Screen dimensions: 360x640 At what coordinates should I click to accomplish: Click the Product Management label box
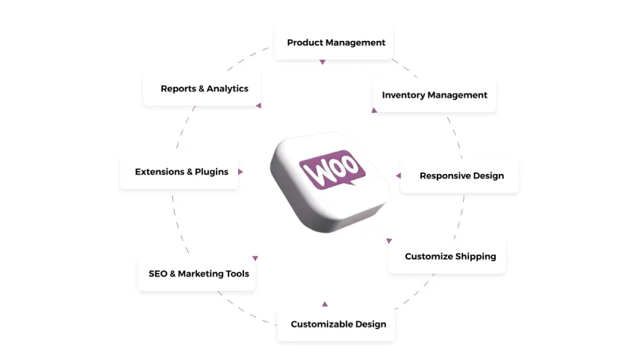tap(336, 43)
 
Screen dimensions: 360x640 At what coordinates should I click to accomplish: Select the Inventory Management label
tap(435, 95)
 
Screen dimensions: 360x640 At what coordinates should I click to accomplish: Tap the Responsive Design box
tap(461, 176)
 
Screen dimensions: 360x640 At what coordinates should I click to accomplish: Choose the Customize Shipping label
tap(449, 257)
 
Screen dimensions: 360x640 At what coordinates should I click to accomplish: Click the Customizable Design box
tap(338, 324)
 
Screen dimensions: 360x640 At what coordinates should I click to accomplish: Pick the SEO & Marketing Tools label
tap(198, 274)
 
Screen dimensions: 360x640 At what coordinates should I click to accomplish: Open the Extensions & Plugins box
tap(181, 172)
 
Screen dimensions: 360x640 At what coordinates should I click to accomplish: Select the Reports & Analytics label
tap(204, 89)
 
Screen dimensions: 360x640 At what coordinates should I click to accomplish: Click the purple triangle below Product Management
tap(322, 62)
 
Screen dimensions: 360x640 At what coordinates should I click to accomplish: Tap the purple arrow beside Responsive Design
tap(398, 176)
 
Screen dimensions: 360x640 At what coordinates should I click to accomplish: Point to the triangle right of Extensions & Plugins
tap(240, 172)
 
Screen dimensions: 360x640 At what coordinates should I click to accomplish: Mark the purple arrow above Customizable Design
tap(324, 303)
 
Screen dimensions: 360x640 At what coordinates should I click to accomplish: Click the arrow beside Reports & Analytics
tap(258, 106)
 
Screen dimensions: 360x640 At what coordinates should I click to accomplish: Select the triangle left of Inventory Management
tap(374, 110)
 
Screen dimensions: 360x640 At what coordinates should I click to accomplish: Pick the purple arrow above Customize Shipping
tap(388, 240)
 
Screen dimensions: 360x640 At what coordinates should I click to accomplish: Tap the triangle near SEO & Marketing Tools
tap(255, 258)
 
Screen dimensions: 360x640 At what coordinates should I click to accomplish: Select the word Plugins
tap(211, 172)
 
